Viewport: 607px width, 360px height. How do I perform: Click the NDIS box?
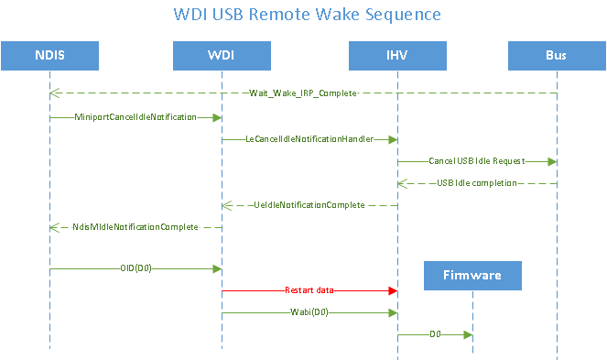[49, 56]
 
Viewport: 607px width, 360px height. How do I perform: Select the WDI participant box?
[221, 56]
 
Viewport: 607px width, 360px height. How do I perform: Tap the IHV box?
[396, 56]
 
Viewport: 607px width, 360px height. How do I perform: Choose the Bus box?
[556, 56]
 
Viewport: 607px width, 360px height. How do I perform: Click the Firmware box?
[472, 275]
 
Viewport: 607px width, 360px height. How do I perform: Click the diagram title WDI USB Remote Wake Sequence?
[307, 15]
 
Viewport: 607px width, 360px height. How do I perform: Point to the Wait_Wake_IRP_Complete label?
[302, 93]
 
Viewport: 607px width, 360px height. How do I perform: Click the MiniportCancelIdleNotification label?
[135, 117]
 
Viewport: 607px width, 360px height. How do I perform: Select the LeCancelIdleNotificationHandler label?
[309, 139]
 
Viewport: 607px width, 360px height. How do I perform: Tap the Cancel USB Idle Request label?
[476, 160]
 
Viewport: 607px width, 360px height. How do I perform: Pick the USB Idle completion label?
[476, 182]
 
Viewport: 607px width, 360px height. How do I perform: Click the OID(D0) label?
[135, 268]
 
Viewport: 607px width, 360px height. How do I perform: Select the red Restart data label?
[309, 290]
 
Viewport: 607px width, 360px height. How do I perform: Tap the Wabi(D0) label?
[309, 312]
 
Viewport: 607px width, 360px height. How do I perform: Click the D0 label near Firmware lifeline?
[435, 334]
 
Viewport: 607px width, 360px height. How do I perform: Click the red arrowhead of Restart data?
[392, 290]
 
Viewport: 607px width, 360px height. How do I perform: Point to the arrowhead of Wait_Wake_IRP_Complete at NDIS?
[55, 93]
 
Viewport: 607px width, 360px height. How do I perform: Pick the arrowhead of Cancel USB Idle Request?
[551, 160]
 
